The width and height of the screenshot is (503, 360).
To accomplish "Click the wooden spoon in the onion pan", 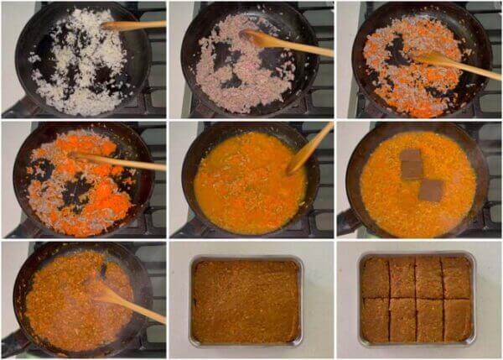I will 134,25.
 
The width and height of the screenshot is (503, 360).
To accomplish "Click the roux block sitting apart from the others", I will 431,190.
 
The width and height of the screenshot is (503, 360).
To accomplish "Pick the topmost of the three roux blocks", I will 411,154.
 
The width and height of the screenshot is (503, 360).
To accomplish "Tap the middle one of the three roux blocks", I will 411,169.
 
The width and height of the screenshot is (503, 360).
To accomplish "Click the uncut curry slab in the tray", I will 245,300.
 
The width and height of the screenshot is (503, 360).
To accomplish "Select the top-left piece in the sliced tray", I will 375,277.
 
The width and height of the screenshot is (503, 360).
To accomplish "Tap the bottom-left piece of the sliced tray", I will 375,320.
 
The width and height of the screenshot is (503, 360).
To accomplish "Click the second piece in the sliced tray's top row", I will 402,277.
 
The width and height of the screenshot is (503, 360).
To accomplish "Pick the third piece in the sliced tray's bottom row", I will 430,320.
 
